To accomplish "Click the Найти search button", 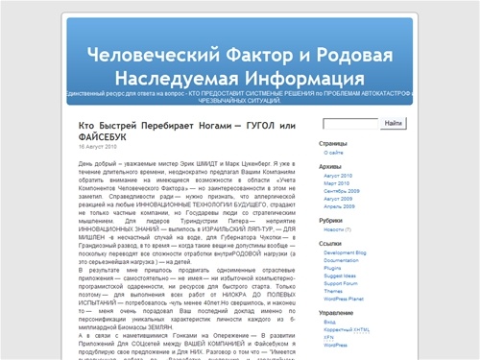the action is click(x=392, y=124).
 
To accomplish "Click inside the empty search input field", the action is click(x=351, y=124).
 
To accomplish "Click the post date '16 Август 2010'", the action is click(x=97, y=147).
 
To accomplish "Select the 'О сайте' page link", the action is click(x=334, y=153).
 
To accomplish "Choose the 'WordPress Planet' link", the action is click(x=347, y=299).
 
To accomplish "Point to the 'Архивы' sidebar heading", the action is click(x=331, y=167).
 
